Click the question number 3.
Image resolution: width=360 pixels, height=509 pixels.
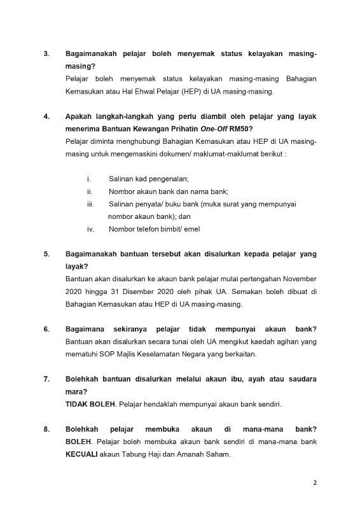[x=46, y=54]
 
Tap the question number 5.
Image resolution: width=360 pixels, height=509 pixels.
[x=46, y=254]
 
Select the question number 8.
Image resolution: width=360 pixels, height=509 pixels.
[x=46, y=429]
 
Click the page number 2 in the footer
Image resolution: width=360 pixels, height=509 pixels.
[x=315, y=482]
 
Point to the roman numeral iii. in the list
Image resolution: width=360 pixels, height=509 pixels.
[x=91, y=204]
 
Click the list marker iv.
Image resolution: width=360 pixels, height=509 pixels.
[x=91, y=229]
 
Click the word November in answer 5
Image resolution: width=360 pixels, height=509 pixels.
[x=299, y=279]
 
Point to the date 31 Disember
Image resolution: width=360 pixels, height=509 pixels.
[x=128, y=292]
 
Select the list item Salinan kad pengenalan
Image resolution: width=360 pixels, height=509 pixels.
[x=149, y=179]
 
